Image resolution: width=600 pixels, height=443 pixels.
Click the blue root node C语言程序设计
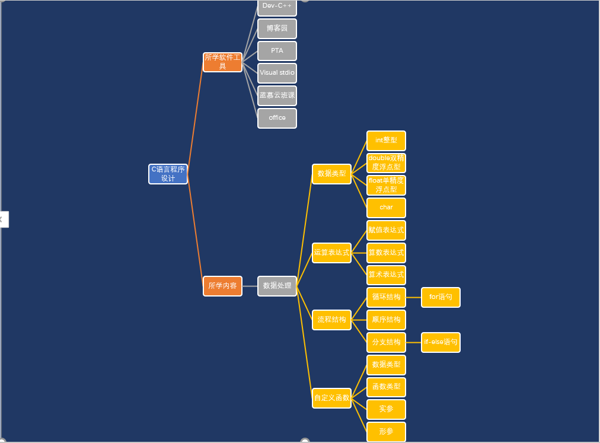coord(168,174)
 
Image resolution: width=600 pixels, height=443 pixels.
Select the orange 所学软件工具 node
coord(222,62)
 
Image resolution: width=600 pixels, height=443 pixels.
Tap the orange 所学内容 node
coord(222,286)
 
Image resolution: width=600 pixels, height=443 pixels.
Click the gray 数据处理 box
coord(277,286)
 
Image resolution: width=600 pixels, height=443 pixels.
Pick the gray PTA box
coord(277,51)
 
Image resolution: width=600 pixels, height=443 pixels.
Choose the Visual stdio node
coord(277,73)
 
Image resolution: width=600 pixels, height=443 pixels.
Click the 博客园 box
coord(277,28)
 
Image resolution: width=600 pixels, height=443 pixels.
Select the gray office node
coord(277,118)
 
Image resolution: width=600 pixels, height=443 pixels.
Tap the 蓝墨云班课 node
coord(277,95)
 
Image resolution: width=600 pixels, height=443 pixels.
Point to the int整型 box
coord(386,141)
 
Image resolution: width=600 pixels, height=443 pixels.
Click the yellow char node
coord(386,208)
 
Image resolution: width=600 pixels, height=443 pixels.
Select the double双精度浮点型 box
coord(386,162)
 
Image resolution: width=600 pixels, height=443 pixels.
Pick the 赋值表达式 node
coord(386,230)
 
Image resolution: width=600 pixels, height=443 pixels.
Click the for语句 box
coord(441,297)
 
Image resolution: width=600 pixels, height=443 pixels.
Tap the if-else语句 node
coord(441,342)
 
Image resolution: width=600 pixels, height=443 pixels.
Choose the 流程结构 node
coord(331,320)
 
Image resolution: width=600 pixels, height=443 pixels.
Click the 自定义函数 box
coord(331,398)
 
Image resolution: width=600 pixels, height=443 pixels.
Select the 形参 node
coord(386,432)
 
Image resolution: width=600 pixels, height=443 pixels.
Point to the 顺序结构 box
coord(386,320)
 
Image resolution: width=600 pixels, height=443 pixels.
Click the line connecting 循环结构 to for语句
coord(413,297)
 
